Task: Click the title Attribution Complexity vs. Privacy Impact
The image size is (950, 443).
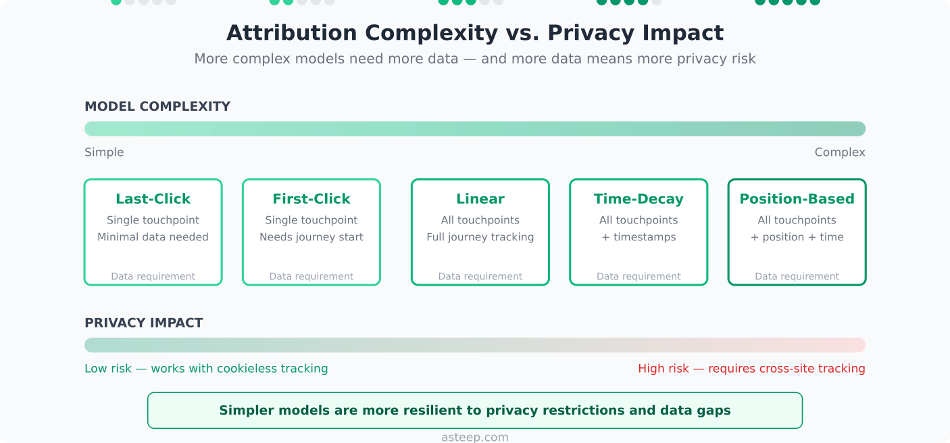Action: coord(475,33)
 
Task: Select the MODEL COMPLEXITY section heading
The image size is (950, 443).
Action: coord(157,107)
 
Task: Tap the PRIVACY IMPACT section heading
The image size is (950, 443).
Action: coord(143,323)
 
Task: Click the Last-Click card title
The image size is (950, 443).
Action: coord(153,199)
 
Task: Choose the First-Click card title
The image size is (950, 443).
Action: coord(311,199)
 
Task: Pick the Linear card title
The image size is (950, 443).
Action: coord(480,199)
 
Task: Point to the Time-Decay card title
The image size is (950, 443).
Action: coord(638,199)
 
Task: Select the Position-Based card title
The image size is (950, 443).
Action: coord(797,199)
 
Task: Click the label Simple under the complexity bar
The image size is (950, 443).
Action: coord(104,153)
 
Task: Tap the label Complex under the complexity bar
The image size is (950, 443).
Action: coord(839,153)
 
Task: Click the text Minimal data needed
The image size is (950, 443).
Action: coord(153,237)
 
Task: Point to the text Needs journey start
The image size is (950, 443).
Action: coord(311,237)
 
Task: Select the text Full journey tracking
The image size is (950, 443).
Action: coord(480,237)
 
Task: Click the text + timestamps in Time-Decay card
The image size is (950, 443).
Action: coord(638,237)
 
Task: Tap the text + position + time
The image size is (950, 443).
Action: coord(797,237)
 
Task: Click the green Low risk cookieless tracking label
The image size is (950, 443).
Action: coord(206,369)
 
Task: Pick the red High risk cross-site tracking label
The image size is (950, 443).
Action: coord(751,369)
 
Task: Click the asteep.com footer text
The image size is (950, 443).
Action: coord(475,437)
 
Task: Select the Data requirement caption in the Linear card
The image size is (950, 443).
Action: coord(480,276)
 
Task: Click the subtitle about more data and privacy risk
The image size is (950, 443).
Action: coord(475,59)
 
